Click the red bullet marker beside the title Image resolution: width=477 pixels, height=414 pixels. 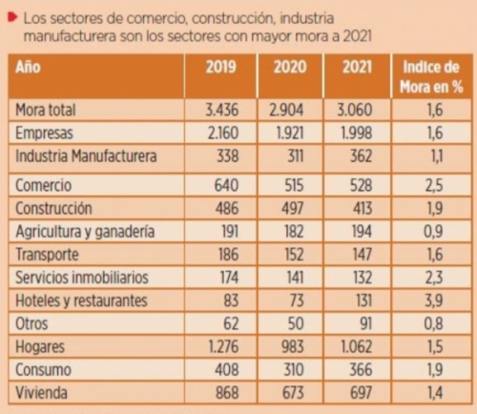(12, 17)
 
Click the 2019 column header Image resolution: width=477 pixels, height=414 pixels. (221, 67)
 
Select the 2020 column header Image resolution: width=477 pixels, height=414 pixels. (290, 67)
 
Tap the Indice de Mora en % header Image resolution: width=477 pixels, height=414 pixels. (431, 77)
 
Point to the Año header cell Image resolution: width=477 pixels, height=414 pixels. (28, 67)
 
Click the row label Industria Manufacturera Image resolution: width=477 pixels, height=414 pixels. (86, 156)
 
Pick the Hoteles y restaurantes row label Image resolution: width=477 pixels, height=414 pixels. (81, 300)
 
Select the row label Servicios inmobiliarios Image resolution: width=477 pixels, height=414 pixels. (82, 278)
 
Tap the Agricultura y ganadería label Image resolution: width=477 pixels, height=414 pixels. (85, 232)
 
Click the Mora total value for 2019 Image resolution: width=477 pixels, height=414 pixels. (221, 110)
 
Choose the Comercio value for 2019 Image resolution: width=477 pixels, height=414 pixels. (226, 185)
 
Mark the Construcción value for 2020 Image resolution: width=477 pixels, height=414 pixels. (293, 208)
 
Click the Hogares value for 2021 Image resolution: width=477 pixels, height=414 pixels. (356, 346)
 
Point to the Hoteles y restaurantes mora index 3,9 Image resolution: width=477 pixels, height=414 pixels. (434, 300)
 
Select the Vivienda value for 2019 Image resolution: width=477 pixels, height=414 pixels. (227, 392)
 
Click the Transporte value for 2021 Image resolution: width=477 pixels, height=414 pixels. (362, 255)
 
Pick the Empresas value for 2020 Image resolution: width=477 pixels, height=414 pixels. (290, 133)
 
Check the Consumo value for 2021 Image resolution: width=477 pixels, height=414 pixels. (361, 369)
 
